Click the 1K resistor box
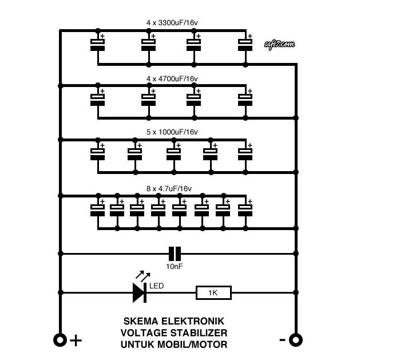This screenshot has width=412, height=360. tap(213, 293)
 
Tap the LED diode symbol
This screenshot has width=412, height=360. tap(140, 292)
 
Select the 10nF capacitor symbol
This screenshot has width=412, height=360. tap(175, 253)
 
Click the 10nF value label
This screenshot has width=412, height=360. tap(175, 266)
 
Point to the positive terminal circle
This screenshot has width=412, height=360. tap(60, 340)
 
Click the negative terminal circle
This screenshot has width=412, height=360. tap(295, 340)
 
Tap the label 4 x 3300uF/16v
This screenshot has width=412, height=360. tap(172, 23)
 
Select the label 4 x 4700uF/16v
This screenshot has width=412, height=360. tap(172, 78)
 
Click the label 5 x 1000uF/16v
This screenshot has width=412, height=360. tap(172, 132)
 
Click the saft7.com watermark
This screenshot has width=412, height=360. tap(280, 44)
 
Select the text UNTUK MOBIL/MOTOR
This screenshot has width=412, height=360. tap(173, 345)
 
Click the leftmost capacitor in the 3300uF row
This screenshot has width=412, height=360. tap(98, 45)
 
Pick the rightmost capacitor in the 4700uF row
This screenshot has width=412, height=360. tap(245, 99)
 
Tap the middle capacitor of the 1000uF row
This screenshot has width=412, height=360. tap(173, 153)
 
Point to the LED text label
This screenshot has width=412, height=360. tap(157, 285)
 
